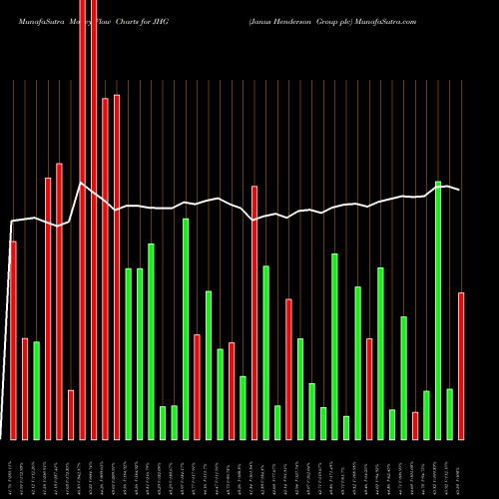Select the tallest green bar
438,310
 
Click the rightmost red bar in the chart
461,365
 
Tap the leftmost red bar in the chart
13,340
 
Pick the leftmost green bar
36,390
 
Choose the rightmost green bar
449,414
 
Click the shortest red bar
415,425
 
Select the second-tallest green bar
186,328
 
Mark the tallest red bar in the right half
254,312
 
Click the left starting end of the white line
10,222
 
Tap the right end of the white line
460,190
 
